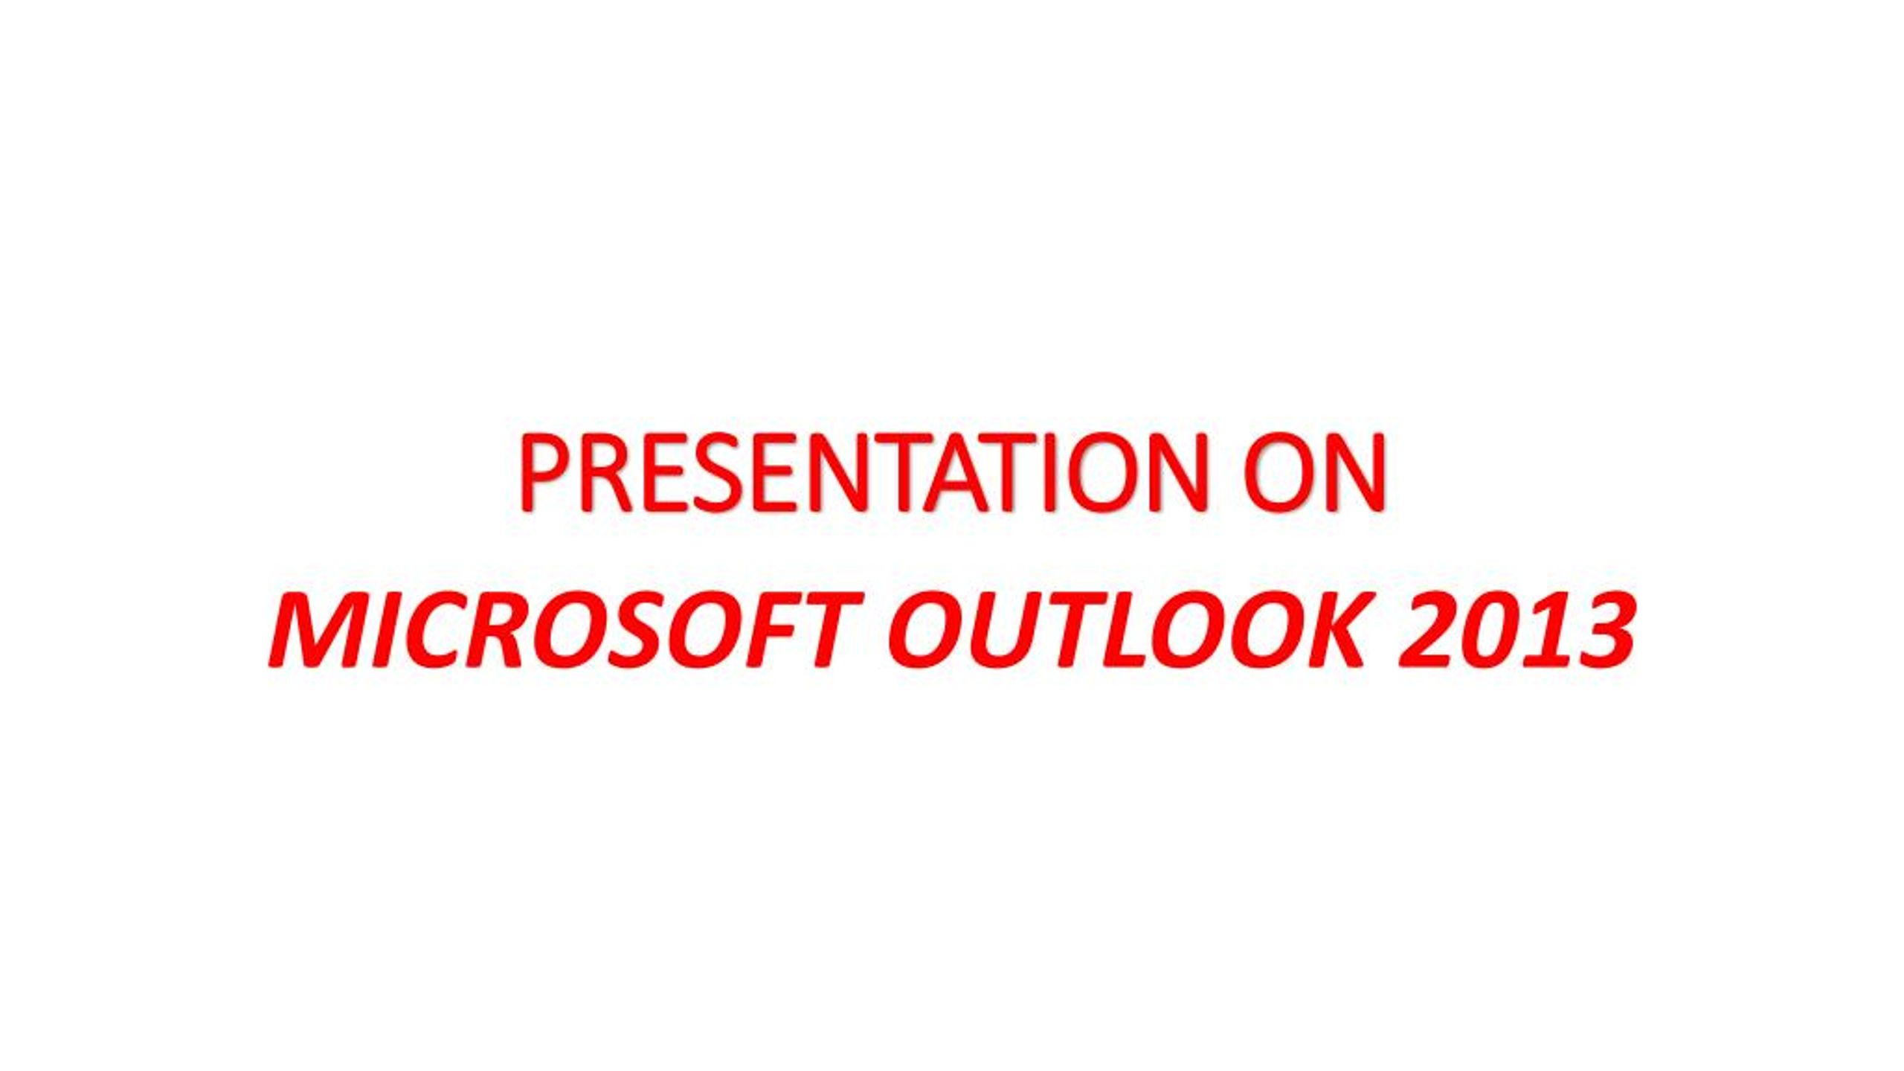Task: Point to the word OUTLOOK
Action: pos(1130,628)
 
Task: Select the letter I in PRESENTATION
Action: pos(1049,472)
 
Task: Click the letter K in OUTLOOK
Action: pos(1331,629)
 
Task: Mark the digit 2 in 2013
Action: pos(1428,629)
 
